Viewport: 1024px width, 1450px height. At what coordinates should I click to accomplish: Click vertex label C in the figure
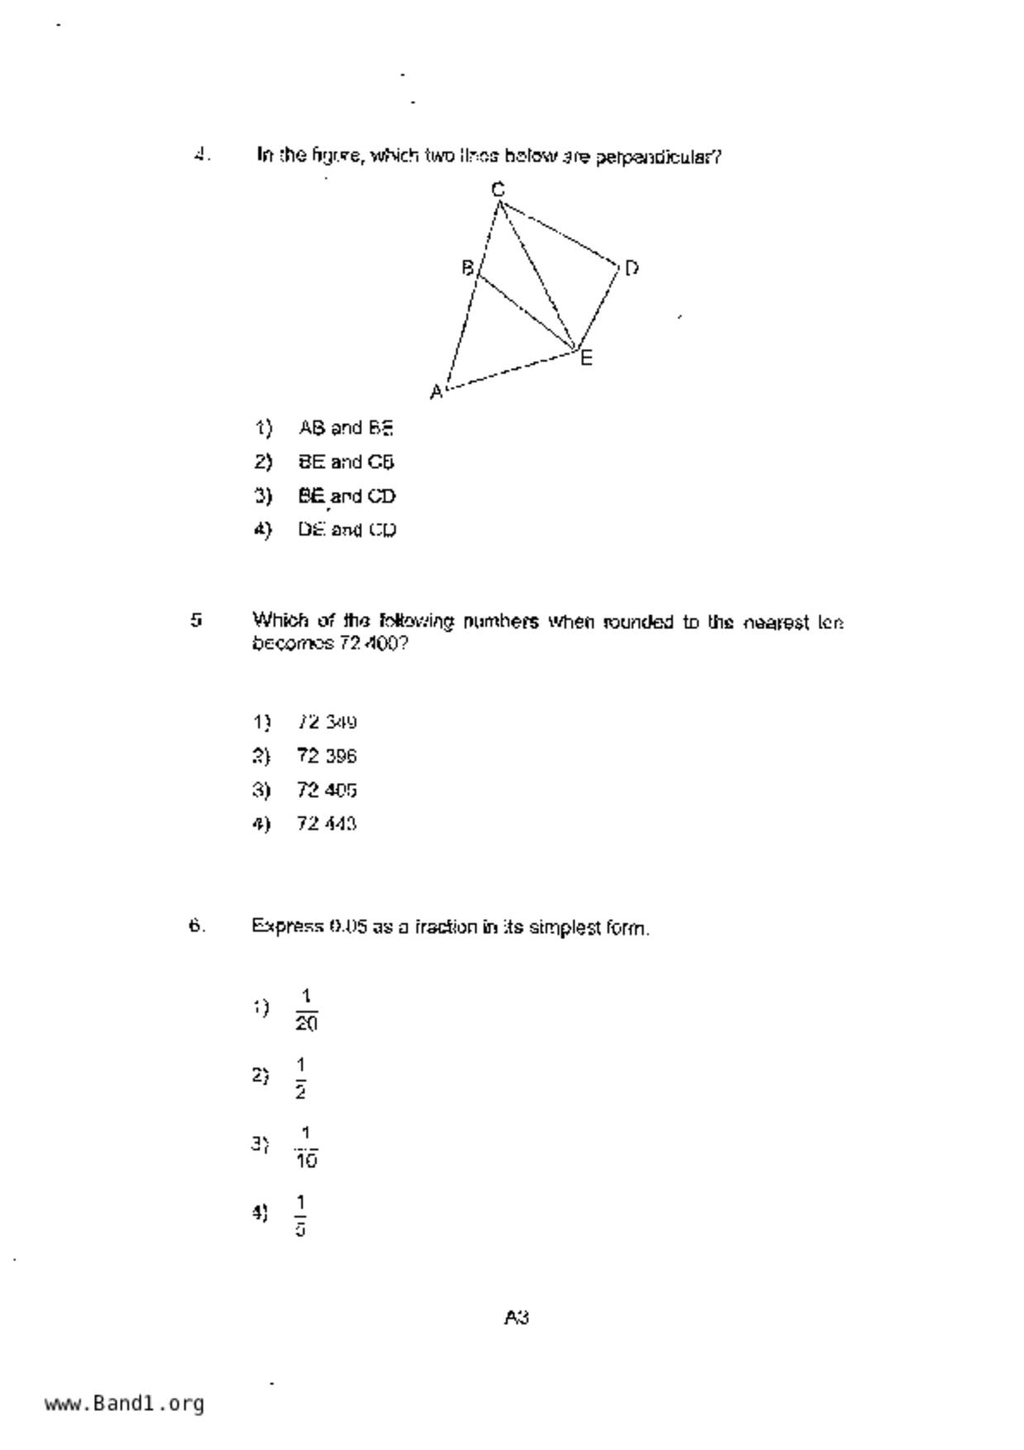[498, 189]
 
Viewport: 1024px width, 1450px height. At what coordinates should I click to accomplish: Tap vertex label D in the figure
[631, 268]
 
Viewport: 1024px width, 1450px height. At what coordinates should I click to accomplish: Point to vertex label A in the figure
[436, 393]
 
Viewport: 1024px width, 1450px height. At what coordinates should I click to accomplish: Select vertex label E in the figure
[586, 358]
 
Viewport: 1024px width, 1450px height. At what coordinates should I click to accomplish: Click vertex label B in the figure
[467, 268]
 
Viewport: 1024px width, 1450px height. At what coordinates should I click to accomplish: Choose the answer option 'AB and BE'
[345, 428]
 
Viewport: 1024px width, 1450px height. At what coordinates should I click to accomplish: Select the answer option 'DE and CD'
[347, 530]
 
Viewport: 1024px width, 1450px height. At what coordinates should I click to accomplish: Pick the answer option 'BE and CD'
[347, 496]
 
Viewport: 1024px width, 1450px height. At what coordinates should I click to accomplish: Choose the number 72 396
[326, 756]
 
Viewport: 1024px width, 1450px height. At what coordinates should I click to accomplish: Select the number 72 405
[326, 790]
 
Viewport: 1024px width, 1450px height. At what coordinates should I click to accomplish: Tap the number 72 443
[326, 823]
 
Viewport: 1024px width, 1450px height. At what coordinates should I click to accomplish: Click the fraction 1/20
[306, 1009]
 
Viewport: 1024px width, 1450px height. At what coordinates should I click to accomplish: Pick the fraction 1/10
[306, 1146]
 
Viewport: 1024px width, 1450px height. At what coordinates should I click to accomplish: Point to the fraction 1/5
[300, 1214]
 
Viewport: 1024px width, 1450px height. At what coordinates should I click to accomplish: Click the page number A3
[517, 1318]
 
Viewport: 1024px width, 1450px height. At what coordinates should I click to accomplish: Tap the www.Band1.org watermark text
[124, 1404]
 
